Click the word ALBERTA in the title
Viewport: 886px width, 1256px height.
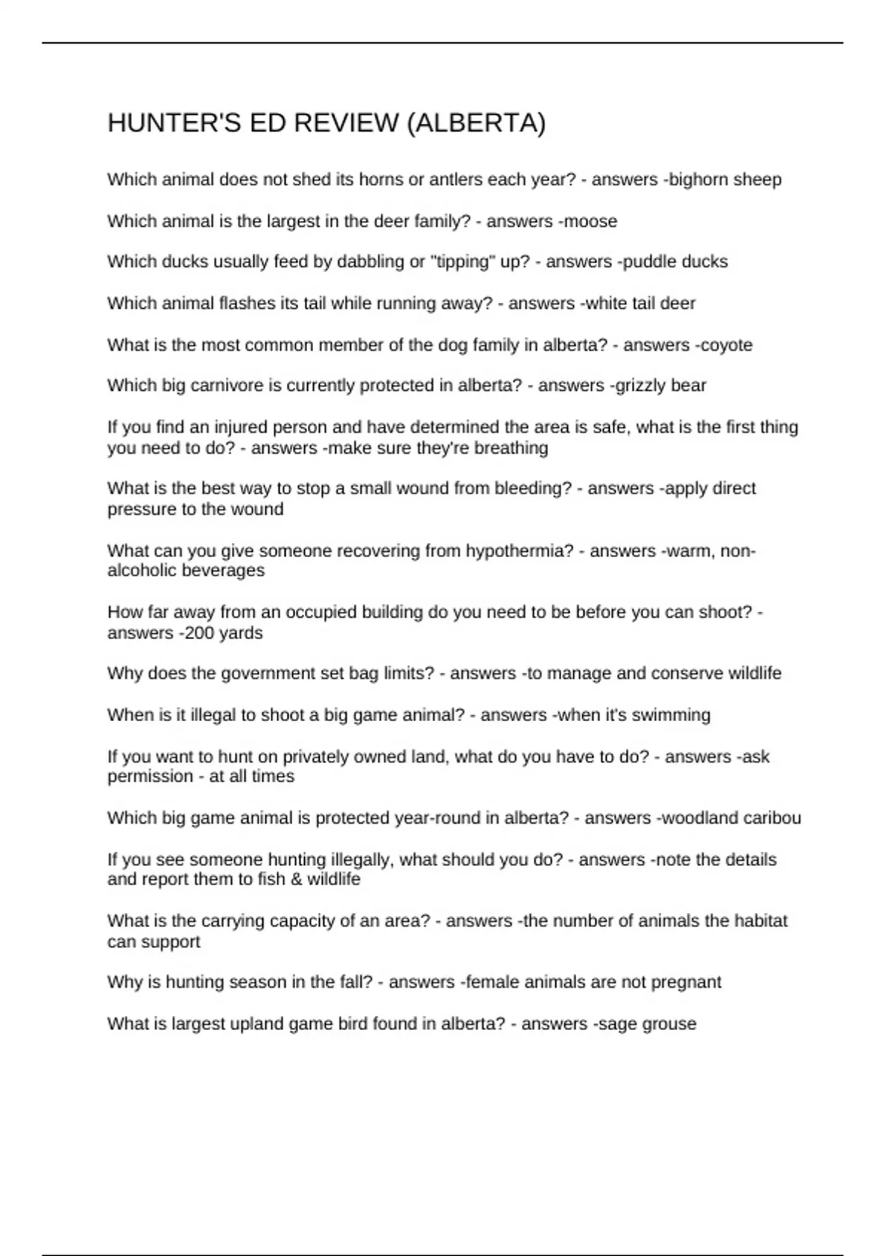click(x=476, y=123)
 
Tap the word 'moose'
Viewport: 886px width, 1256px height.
click(x=592, y=221)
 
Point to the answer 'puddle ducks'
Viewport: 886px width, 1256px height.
click(x=677, y=262)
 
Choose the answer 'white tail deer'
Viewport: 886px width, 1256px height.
click(x=642, y=303)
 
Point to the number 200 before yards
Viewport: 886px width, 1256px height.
click(x=198, y=632)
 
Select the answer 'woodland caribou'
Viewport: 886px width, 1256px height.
click(x=730, y=818)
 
